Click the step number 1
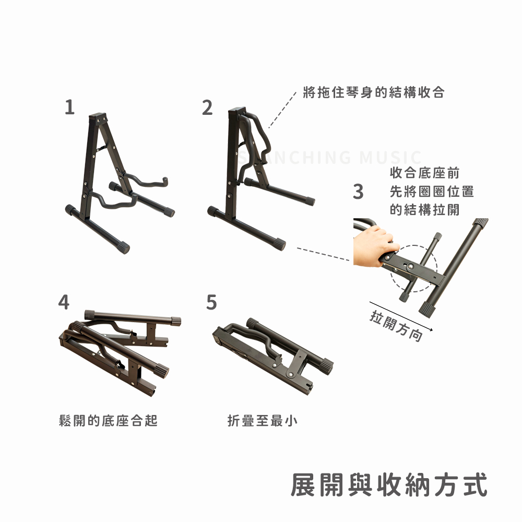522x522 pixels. click(69, 107)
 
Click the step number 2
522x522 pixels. click(207, 108)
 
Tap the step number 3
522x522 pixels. click(358, 192)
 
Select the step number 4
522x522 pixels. click(64, 302)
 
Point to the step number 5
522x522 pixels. click(211, 302)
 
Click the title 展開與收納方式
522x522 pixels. click(389, 485)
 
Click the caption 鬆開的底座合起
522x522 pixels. click(108, 420)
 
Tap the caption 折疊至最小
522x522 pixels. click(263, 420)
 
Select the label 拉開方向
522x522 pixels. click(396, 326)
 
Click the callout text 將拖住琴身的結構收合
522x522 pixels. click(374, 92)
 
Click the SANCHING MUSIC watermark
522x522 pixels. click(329, 158)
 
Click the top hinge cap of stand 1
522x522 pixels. click(98, 117)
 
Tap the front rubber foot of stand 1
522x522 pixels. click(123, 248)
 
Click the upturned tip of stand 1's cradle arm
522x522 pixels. click(165, 181)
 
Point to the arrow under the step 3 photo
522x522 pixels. click(401, 316)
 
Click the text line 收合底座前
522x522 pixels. click(425, 173)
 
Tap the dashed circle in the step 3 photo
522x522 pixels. click(413, 269)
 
